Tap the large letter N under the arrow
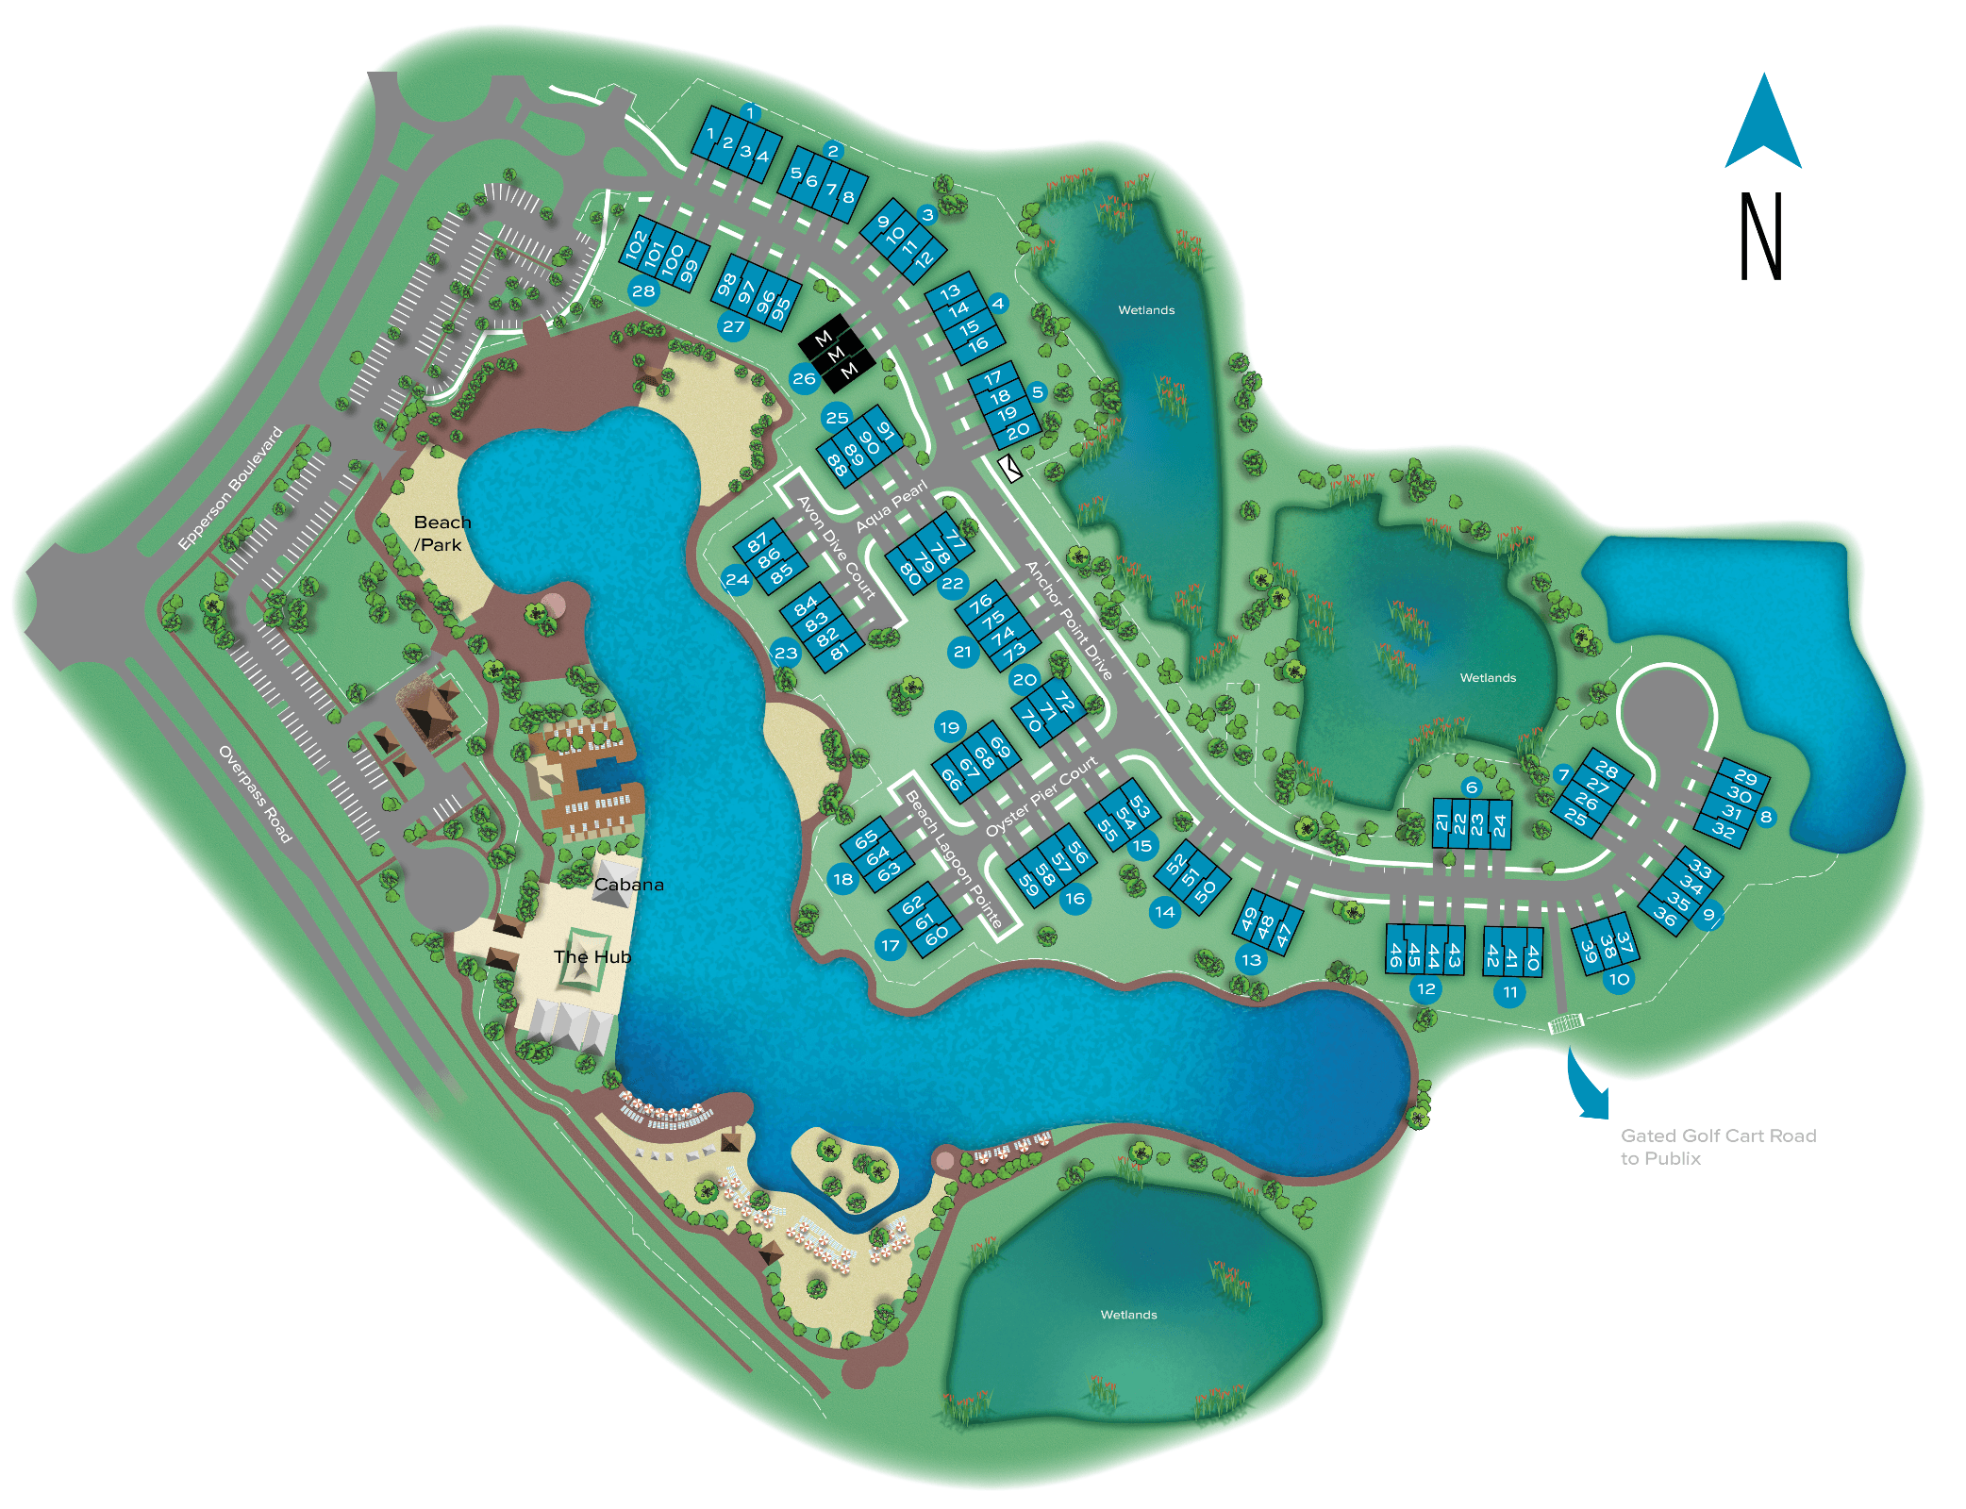pyautogui.click(x=1760, y=236)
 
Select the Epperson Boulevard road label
pyautogui.click(x=230, y=488)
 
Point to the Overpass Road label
pyautogui.click(x=255, y=793)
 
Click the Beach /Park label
pyautogui.click(x=441, y=533)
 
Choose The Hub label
pyautogui.click(x=591, y=956)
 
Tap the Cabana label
pyautogui.click(x=628, y=884)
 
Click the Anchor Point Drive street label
pyautogui.click(x=1068, y=620)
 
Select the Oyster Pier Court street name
pyautogui.click(x=1041, y=796)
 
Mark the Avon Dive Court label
pyautogui.click(x=836, y=547)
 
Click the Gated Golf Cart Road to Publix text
pyautogui.click(x=1718, y=1147)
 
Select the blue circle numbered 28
pyautogui.click(x=643, y=290)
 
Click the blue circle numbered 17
pyautogui.click(x=890, y=945)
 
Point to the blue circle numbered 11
pyautogui.click(x=1509, y=991)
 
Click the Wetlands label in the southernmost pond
pyautogui.click(x=1128, y=1314)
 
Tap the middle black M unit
pyautogui.click(x=835, y=355)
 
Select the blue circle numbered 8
pyautogui.click(x=1765, y=817)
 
